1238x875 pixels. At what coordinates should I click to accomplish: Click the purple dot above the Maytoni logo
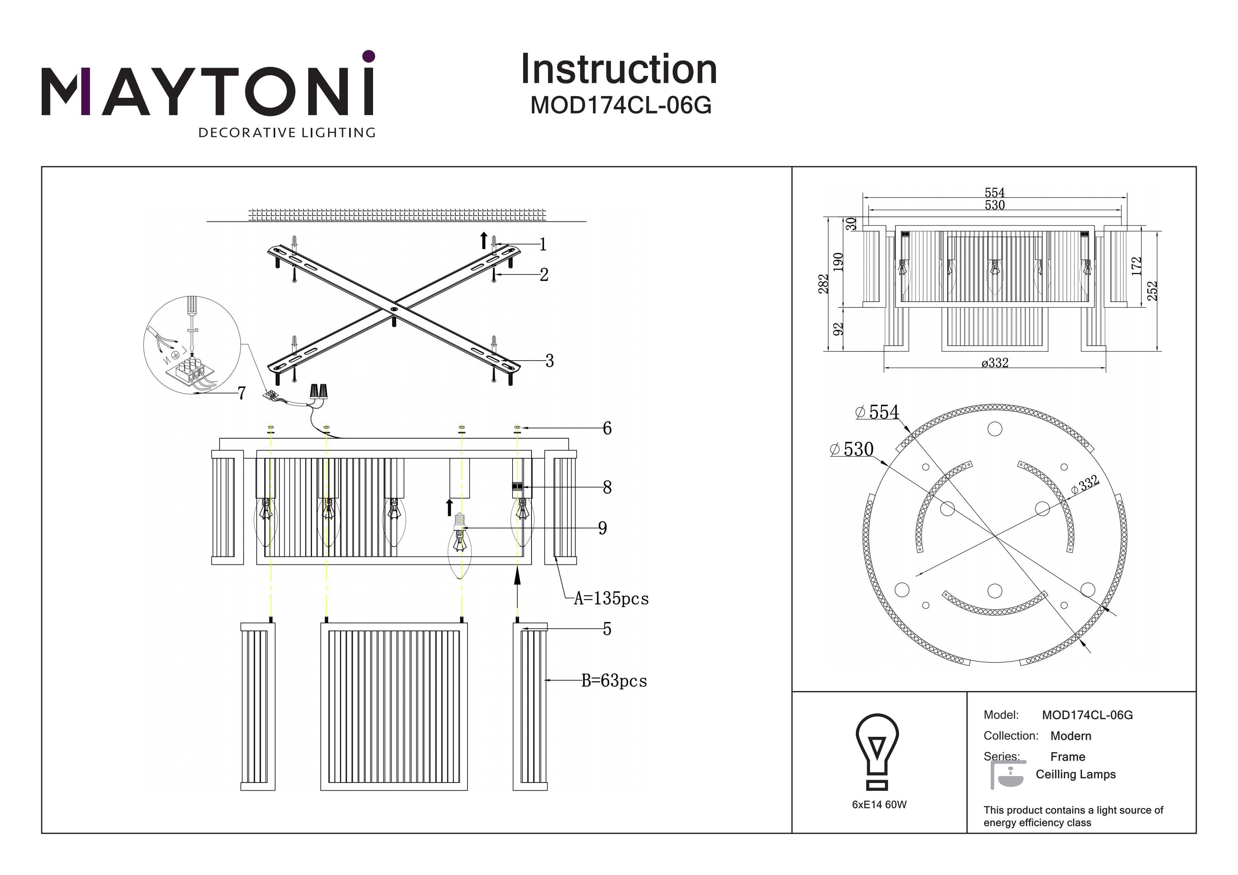coord(369,56)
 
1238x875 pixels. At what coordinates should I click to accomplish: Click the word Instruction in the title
coord(619,70)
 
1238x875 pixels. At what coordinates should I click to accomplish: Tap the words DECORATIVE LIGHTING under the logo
coord(287,132)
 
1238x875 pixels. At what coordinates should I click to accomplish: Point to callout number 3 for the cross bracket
coord(549,361)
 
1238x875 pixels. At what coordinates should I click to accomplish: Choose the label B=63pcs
coord(614,681)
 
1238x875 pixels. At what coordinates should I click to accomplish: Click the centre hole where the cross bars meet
coord(394,309)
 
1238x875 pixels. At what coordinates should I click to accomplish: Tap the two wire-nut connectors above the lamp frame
coord(319,392)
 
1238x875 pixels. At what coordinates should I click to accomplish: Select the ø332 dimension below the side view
coord(995,363)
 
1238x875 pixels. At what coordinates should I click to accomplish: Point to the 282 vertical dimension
coord(823,284)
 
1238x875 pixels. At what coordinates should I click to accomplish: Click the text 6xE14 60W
coord(879,804)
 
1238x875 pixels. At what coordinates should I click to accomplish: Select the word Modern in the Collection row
coord(1071,736)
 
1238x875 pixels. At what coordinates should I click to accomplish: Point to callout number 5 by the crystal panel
coord(607,629)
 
